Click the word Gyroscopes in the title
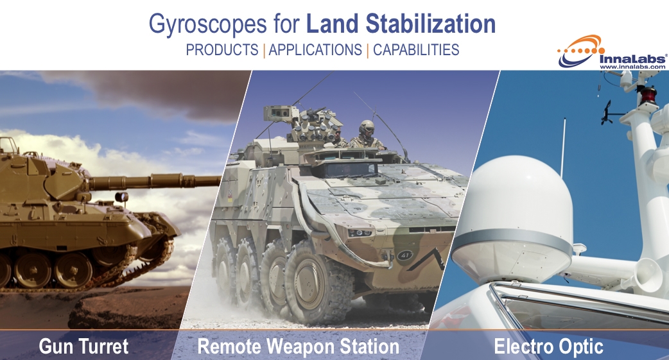[208, 24]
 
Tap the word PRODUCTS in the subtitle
[222, 50]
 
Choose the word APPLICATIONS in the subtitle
[315, 50]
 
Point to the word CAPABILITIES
[416, 50]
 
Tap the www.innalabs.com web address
[632, 67]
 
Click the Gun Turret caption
[83, 346]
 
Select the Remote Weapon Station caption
[299, 346]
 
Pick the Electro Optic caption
[549, 346]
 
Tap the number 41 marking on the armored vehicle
[404, 255]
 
